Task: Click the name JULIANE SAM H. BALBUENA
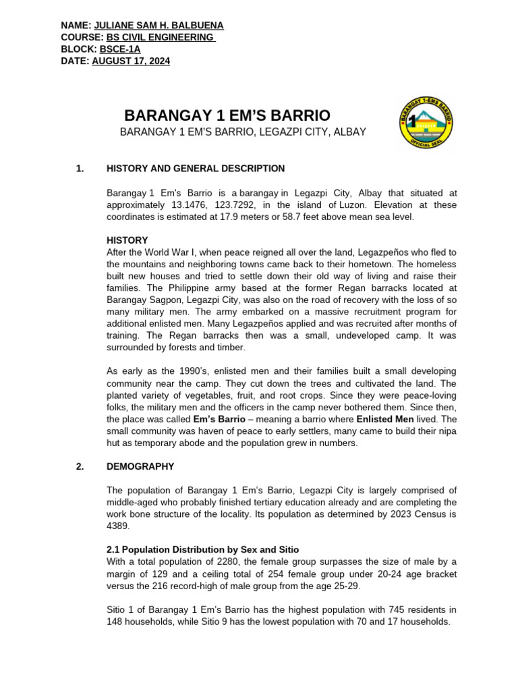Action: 159,26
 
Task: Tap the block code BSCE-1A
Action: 120,49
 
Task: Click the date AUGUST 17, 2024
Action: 131,61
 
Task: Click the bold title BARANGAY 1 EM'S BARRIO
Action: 228,115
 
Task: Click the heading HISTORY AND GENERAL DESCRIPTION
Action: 196,169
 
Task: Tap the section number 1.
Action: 80,169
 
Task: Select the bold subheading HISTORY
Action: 127,240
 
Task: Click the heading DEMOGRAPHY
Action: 140,466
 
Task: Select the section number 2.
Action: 80,466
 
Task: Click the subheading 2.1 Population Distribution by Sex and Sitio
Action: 202,550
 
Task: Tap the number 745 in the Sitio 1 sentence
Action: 383,609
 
